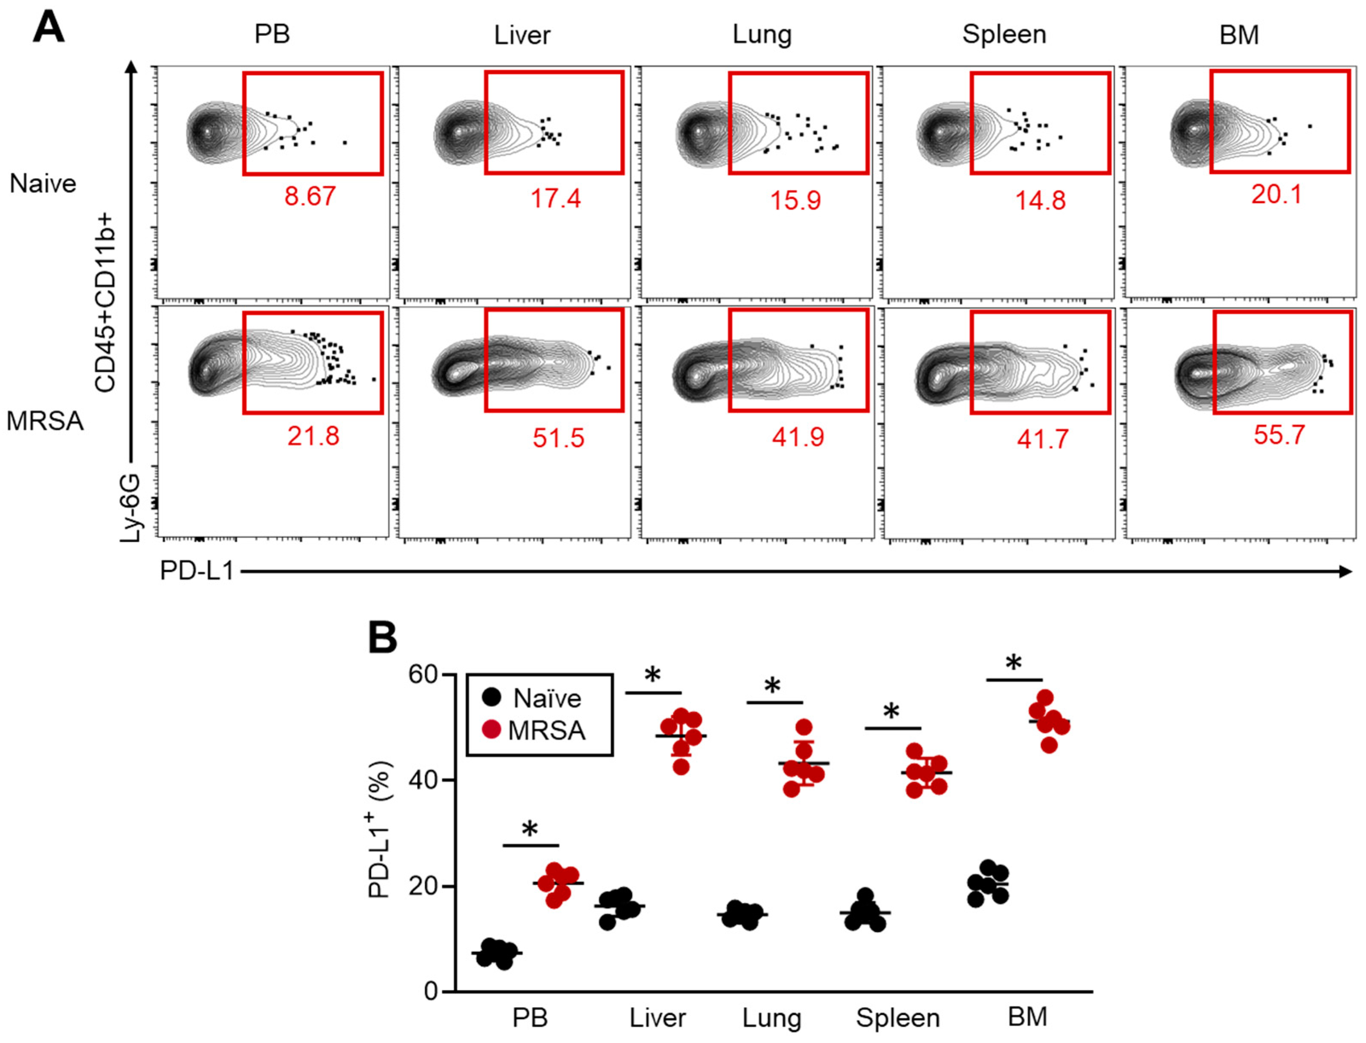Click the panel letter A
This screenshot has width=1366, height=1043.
click(x=49, y=28)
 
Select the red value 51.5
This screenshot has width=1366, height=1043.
click(x=558, y=438)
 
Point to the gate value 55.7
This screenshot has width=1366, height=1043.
click(x=1279, y=435)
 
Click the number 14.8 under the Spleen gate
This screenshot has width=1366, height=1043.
click(x=1040, y=200)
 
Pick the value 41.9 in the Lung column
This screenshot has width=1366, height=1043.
click(x=798, y=437)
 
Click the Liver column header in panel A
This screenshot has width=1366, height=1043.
click(x=522, y=35)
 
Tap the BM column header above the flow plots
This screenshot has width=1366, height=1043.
click(x=1239, y=35)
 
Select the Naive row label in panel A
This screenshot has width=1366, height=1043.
click(x=43, y=184)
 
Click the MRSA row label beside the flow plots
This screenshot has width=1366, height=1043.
click(x=45, y=421)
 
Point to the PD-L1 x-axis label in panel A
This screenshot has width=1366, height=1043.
click(x=196, y=571)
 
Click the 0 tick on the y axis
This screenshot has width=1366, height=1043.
click(x=431, y=991)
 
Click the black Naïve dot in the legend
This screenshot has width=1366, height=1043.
click(x=491, y=697)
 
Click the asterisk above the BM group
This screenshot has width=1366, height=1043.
click(x=1013, y=663)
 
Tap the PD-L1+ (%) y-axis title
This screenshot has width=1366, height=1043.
click(x=380, y=829)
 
